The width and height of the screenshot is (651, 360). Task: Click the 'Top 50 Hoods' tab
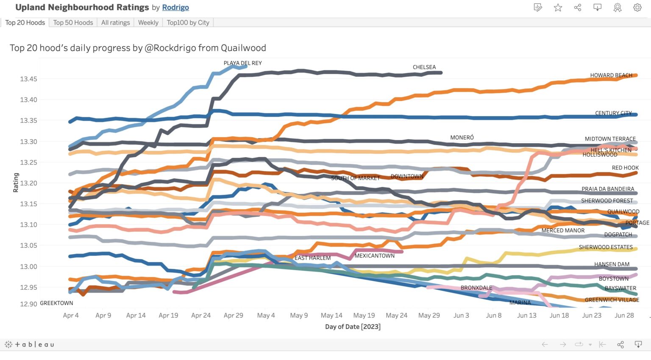[73, 22]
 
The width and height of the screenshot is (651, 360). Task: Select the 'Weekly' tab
[148, 22]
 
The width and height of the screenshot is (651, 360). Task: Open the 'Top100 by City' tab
[188, 22]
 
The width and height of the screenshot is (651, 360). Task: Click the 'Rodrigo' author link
[175, 8]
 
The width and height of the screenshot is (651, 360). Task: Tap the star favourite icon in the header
[558, 8]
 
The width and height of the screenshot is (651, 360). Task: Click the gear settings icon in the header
[637, 8]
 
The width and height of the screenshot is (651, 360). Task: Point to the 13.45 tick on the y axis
[28, 79]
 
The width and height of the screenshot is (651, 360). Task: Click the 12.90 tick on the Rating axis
[28, 304]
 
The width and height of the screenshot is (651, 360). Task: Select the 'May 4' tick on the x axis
[266, 315]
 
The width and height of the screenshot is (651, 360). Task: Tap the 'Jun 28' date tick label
[624, 315]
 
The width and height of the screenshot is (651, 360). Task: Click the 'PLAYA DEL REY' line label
[243, 63]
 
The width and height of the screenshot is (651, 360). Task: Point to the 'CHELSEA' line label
[424, 67]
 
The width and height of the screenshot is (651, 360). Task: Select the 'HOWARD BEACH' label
[611, 75]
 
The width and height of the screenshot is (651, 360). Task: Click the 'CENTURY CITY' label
[614, 113]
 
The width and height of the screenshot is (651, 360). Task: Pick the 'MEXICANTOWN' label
[375, 256]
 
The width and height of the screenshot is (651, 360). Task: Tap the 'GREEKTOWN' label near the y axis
[56, 303]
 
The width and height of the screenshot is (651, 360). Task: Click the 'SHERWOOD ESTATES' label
[606, 247]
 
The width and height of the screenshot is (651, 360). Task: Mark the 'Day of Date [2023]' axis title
[353, 327]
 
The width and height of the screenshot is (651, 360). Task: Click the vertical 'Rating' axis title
[16, 183]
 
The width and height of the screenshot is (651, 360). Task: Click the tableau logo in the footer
[29, 345]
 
